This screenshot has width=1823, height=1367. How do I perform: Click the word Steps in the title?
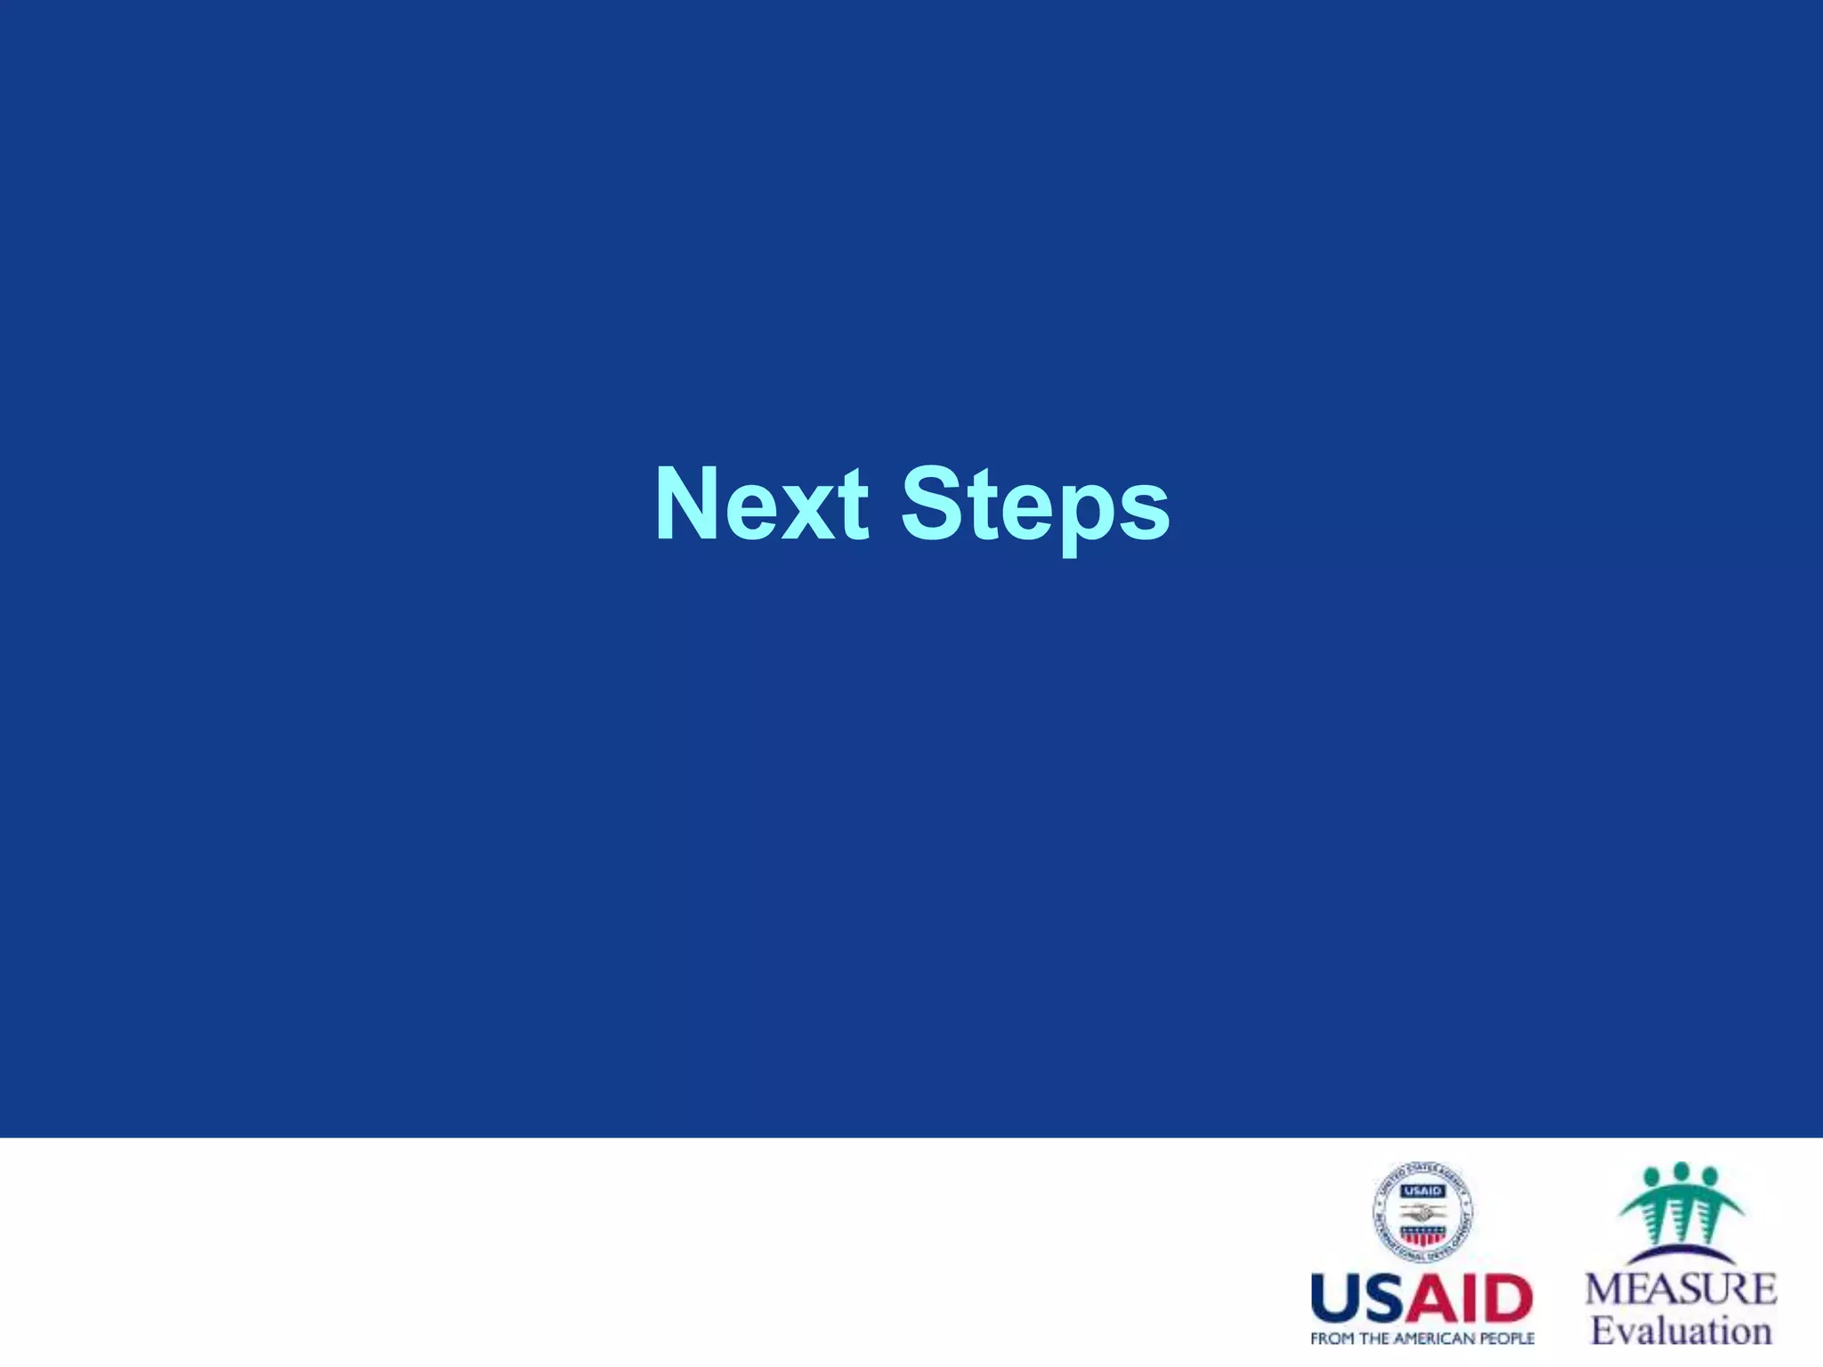[1035, 506]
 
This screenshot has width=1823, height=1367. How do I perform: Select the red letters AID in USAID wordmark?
[1473, 1300]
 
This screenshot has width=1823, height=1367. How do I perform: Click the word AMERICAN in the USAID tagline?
[1438, 1339]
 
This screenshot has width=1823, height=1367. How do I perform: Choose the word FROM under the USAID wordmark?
[1330, 1339]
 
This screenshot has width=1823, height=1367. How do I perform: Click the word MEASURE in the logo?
[1681, 1290]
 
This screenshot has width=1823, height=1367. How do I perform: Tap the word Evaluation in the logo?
[1681, 1331]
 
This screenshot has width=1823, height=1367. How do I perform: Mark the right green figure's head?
[1708, 1177]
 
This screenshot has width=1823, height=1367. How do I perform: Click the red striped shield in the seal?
[1422, 1235]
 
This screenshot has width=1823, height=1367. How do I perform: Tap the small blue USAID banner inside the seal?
[1422, 1191]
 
